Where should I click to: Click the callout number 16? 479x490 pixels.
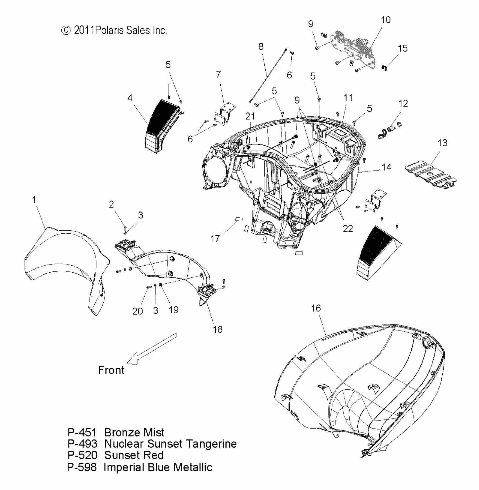[x=316, y=308]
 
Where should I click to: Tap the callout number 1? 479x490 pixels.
[x=34, y=200]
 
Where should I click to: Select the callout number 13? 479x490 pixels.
[x=442, y=143]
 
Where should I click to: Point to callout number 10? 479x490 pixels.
[x=386, y=20]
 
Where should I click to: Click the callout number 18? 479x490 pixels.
[x=218, y=329]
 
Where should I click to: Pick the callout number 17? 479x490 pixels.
[x=215, y=239]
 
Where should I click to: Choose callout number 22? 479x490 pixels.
[x=348, y=229]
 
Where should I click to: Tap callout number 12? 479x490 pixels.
[x=403, y=103]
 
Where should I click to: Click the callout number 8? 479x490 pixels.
[x=261, y=47]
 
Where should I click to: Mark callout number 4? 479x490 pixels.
[x=130, y=98]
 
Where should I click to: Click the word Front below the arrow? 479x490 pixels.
[x=111, y=370]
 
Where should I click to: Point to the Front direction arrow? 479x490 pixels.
[x=152, y=348]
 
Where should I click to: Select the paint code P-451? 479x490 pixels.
[x=82, y=432]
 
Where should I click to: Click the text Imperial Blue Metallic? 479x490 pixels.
[x=158, y=467]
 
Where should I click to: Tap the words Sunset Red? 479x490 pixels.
[x=134, y=455]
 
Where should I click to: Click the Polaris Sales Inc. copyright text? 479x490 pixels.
[x=114, y=30]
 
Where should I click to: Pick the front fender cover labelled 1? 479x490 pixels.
[x=65, y=262]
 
